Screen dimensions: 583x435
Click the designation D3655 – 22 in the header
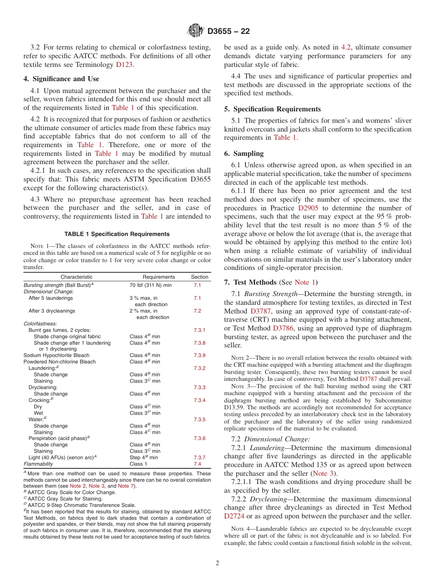pos(228,32)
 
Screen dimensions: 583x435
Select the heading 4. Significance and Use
pos(61,79)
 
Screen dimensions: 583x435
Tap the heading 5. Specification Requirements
pos(272,109)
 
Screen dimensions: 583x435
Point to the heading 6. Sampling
pos(244,154)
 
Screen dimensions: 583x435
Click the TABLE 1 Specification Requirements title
pos(117,234)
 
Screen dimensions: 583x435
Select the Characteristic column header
pos(76,277)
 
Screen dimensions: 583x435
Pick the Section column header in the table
pos(199,277)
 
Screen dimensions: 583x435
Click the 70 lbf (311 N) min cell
pos(150,285)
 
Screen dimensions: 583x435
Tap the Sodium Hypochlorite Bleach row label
pos(56,355)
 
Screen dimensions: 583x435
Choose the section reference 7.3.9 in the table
pos(199,355)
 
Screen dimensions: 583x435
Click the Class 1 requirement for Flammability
pos(138,464)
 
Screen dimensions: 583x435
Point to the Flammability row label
pos(38,464)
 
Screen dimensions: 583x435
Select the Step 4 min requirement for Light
pos(143,457)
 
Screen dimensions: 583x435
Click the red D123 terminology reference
pos(124,65)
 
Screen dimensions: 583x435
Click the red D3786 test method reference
pos(283,328)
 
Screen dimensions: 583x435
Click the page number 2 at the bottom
pos(217,563)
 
